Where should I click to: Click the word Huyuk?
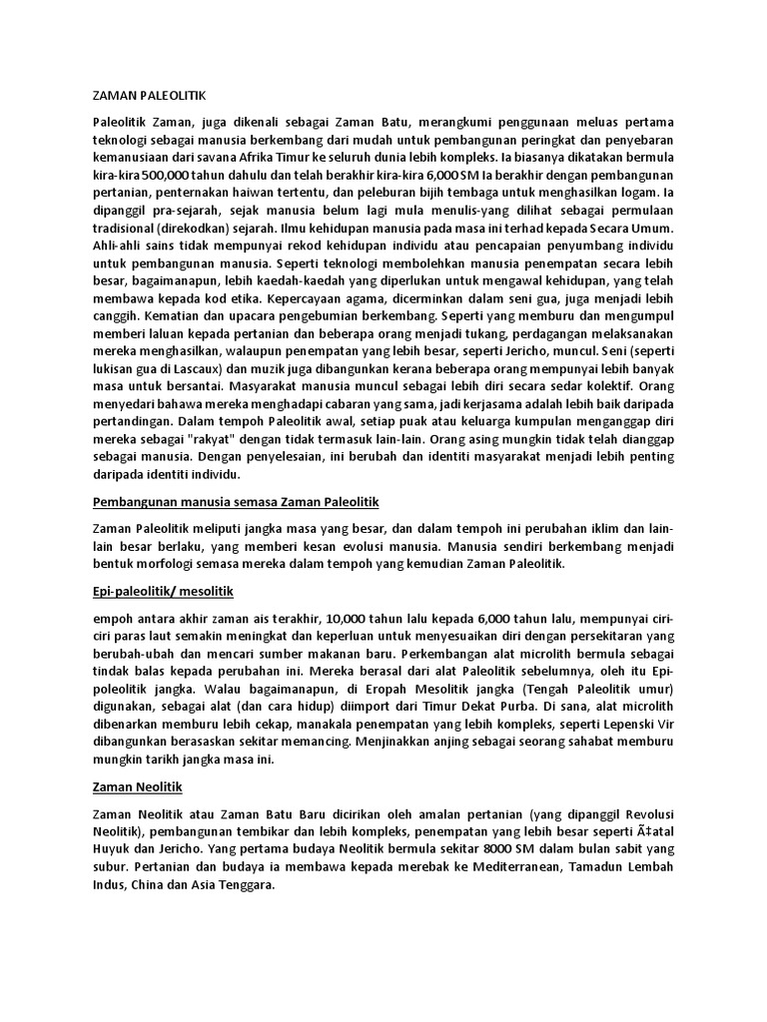point(111,850)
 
